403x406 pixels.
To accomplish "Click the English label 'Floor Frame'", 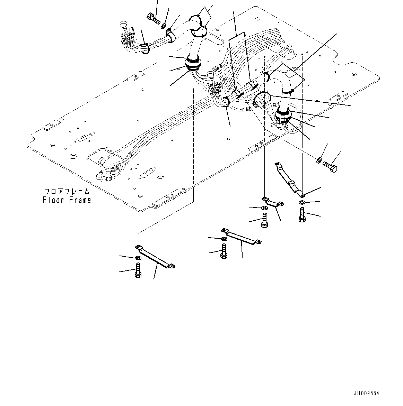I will click(67, 200).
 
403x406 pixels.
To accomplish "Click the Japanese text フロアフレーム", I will click(67, 192).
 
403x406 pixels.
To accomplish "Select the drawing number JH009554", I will click(366, 394).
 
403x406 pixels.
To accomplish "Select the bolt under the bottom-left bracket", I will click(138, 270).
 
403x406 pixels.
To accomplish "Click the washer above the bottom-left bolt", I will click(138, 258).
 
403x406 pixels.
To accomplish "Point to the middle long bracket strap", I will click(241, 237).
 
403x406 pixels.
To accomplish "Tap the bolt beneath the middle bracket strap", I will click(224, 251).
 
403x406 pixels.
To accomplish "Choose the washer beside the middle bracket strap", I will click(224, 239).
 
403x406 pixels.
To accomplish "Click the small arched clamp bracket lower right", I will click(273, 202).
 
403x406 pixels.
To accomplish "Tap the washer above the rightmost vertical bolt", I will click(302, 202).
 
